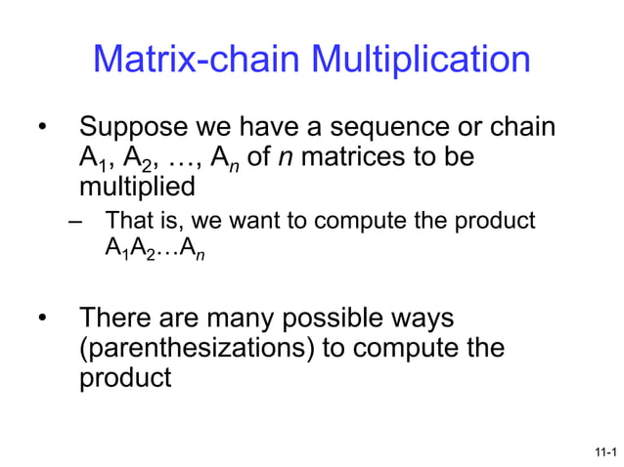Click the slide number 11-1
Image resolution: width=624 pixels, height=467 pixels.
coord(604,451)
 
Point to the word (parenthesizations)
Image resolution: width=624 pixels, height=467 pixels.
coord(197,348)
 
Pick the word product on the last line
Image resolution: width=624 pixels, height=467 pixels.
coord(125,376)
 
